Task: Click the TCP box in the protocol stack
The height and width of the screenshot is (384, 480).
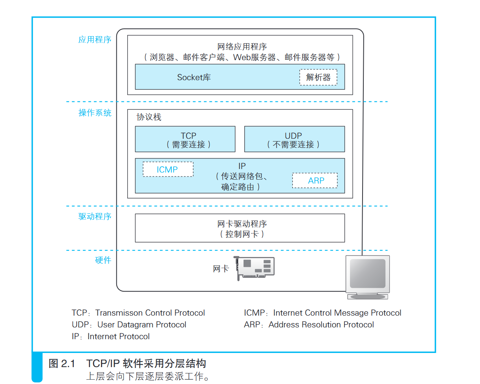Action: pos(185,139)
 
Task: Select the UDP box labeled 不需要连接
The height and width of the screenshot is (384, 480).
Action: pos(294,139)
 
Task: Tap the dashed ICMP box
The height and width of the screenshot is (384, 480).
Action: pos(168,169)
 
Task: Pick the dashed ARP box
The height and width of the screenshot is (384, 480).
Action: pos(315,180)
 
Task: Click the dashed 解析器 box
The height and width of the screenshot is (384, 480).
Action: pos(318,77)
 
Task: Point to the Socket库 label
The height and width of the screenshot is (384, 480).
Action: pos(194,77)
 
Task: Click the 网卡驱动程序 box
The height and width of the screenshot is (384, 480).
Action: pos(240,228)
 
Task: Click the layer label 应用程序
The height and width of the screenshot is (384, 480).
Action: pos(95,40)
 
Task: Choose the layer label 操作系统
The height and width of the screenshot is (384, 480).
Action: pos(95,113)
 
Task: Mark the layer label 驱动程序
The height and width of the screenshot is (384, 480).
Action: pos(95,217)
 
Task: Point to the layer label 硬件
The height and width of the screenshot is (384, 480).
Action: pos(103,260)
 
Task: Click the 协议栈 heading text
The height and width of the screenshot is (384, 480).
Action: pos(148,117)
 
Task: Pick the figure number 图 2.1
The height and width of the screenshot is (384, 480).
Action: pos(62,364)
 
